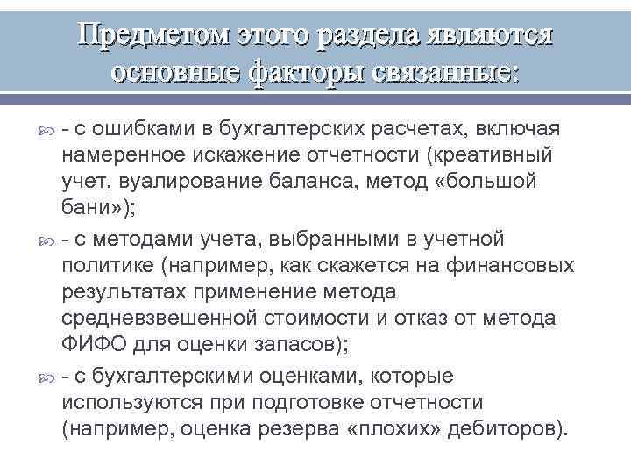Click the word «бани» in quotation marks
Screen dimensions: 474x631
point(89,212)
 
